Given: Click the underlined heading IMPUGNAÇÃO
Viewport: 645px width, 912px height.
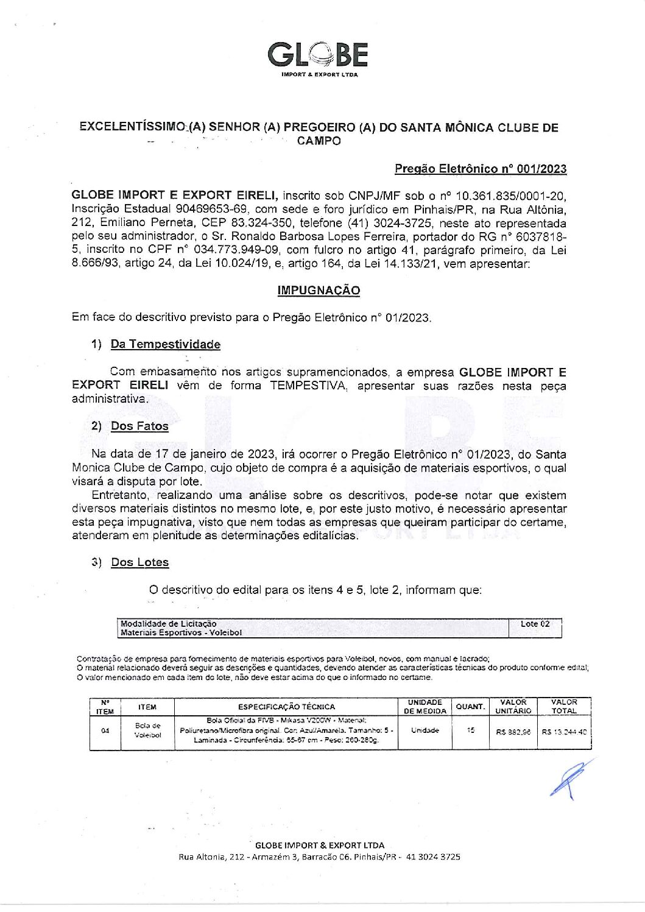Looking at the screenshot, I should (x=319, y=291).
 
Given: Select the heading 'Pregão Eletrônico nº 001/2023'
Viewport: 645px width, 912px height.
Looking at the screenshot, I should (x=480, y=169).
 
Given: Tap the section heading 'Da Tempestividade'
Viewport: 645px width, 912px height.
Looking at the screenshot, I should (x=165, y=344).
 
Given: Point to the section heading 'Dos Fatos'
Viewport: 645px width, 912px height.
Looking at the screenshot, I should (x=139, y=426).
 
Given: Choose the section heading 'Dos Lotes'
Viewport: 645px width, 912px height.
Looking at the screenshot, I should (x=139, y=562).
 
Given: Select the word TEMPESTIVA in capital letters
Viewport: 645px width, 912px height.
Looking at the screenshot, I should (x=309, y=386).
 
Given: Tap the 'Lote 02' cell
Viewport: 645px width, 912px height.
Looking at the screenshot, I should (x=535, y=624).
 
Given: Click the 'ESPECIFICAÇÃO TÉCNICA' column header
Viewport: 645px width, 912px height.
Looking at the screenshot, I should (x=286, y=707).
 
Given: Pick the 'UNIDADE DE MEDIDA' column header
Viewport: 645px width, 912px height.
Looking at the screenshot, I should (x=425, y=707).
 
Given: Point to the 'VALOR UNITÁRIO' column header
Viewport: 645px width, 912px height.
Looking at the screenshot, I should (x=513, y=707).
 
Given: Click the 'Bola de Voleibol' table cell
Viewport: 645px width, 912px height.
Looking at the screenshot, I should (x=147, y=730).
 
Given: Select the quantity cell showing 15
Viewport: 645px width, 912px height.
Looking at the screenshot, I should (x=470, y=730).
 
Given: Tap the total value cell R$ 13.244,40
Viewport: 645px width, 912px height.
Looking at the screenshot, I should (x=564, y=732).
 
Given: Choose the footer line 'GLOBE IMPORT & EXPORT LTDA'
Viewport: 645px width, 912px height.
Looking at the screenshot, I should (x=319, y=845).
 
